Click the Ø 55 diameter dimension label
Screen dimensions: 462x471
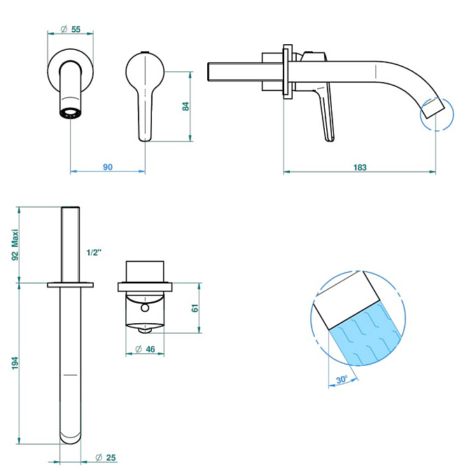click(x=71, y=29)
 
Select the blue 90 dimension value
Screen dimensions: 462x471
click(x=108, y=167)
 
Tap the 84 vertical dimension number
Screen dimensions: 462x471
click(x=185, y=107)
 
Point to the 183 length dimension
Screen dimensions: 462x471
click(x=360, y=168)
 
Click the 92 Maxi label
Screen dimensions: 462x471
click(x=15, y=245)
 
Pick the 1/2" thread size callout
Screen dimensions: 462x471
click(x=94, y=252)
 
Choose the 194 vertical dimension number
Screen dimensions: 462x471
click(x=15, y=363)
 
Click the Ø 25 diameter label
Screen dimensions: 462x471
click(x=106, y=458)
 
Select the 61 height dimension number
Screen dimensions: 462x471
click(x=195, y=308)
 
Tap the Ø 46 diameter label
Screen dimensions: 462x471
click(x=145, y=349)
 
